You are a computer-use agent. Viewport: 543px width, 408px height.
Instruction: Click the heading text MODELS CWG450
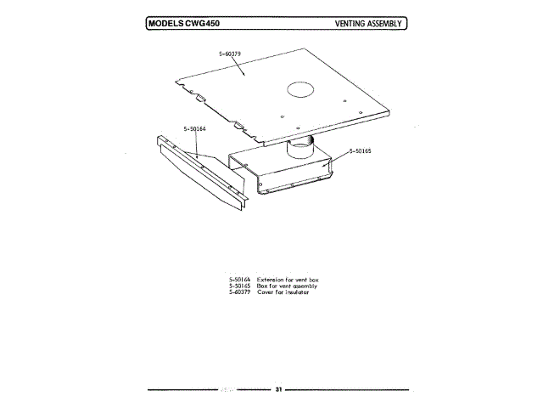coord(182,23)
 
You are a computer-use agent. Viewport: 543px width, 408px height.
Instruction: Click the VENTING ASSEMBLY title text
coord(370,23)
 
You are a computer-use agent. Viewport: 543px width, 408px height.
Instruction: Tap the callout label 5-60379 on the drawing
coord(230,54)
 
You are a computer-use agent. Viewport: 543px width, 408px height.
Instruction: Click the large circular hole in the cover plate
coord(302,88)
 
